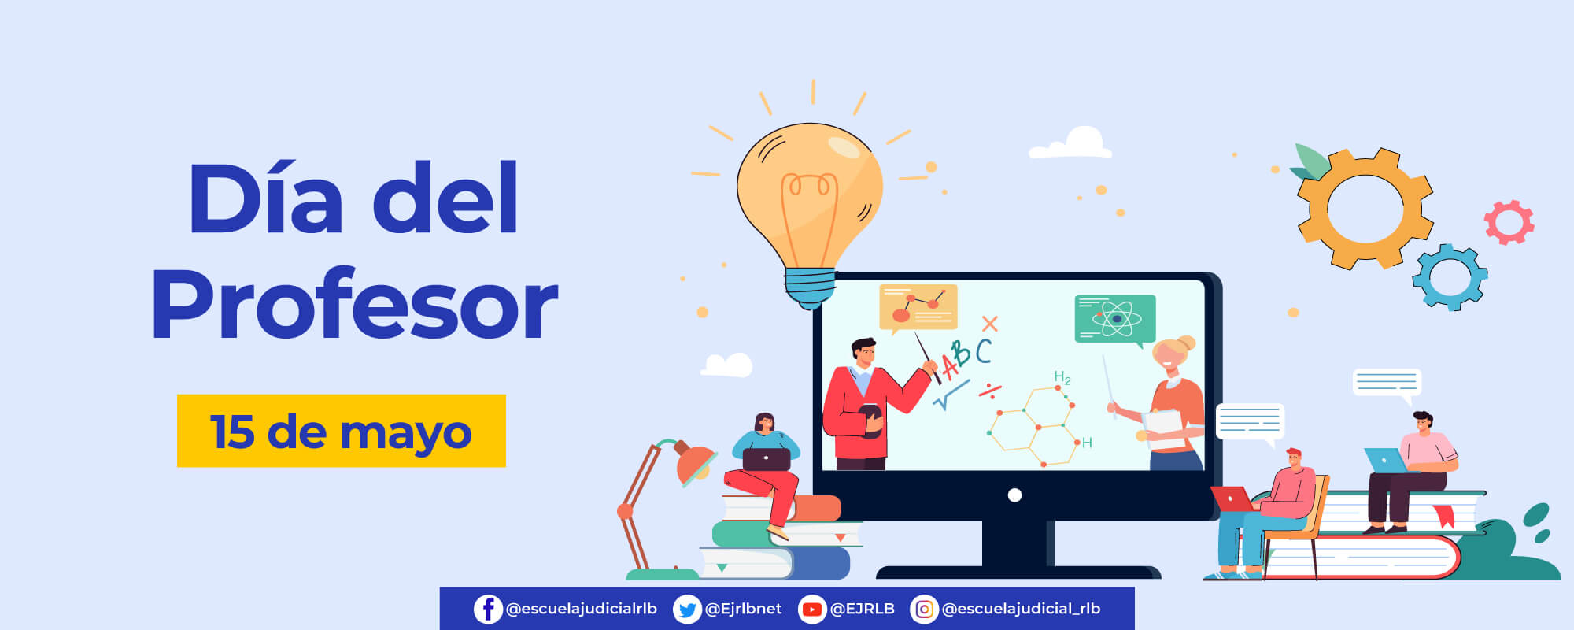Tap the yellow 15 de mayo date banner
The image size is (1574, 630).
tap(342, 431)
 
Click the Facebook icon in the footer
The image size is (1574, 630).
tap(488, 609)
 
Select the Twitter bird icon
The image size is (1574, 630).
tap(687, 609)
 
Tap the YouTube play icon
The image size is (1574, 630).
tap(812, 609)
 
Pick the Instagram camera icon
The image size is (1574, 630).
tap(924, 609)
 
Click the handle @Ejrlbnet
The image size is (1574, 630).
tap(743, 609)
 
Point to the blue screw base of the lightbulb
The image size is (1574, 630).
tap(811, 287)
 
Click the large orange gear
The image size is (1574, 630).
tap(1365, 209)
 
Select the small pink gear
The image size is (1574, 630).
tap(1509, 223)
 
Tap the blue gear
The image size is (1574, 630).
tap(1450, 277)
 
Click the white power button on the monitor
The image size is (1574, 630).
tap(1014, 495)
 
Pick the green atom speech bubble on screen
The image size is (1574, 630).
tap(1115, 320)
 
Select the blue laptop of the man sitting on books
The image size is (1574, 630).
tap(1387, 460)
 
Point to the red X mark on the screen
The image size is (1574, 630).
tap(989, 323)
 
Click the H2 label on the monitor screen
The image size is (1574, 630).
tap(1062, 378)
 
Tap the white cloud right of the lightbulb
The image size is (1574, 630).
tap(1071, 143)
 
